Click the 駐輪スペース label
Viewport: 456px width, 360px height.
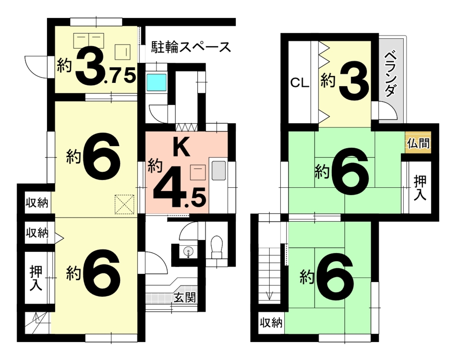coord(191,47)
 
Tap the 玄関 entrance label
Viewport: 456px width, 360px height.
coord(185,298)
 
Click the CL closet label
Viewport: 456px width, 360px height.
coord(300,83)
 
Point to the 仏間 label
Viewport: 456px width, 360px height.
coord(418,143)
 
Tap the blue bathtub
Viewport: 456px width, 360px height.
coord(156,82)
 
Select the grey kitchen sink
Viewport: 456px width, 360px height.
coord(219,171)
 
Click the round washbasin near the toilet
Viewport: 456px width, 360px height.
coord(188,252)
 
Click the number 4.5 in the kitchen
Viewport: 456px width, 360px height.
coord(179,187)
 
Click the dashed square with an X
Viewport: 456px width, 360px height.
coord(125,204)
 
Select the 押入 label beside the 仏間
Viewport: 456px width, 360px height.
coord(420,188)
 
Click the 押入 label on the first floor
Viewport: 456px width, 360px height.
coord(36,278)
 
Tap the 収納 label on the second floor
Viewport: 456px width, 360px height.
coord(271,323)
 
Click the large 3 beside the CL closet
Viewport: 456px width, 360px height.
coord(354,81)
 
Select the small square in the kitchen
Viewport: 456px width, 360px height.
coord(198,172)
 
